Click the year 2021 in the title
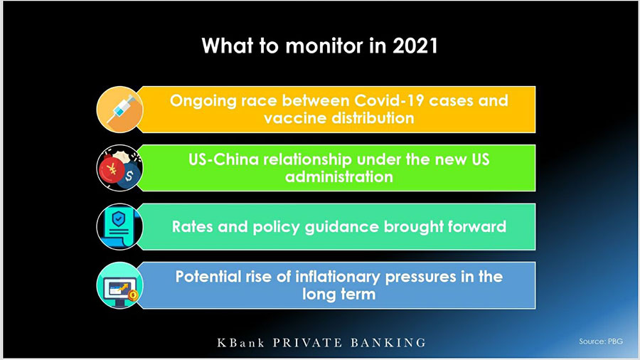coord(415,46)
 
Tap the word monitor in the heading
coord(324,46)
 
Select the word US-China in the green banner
coord(224,159)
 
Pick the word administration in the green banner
coord(338,176)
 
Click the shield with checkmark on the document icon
coord(118,219)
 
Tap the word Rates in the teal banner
coord(192,226)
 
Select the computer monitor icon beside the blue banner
coord(120,291)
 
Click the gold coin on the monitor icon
coord(133,295)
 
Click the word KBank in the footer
coord(240,342)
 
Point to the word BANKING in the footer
coord(388,342)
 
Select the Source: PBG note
coord(600,342)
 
